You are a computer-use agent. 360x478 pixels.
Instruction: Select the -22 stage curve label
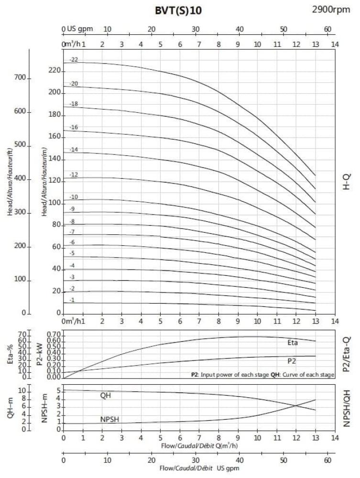point(73,60)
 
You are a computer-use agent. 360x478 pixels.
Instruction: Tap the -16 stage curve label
point(73,128)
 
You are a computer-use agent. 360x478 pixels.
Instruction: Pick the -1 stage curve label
point(72,300)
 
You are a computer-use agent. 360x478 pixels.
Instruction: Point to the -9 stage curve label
point(72,209)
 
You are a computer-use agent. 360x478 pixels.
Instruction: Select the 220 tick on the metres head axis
point(55,71)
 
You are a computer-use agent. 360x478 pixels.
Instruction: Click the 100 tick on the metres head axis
point(55,203)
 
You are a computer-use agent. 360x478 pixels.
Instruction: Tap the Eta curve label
point(293,343)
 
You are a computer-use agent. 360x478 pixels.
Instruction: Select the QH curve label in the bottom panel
point(106,396)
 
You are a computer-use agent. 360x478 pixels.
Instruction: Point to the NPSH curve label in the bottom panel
point(109,419)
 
